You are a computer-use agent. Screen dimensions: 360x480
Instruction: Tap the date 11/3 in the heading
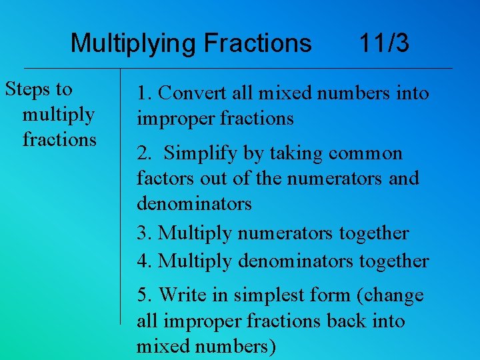point(384,44)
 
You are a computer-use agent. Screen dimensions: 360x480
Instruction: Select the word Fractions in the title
point(257,44)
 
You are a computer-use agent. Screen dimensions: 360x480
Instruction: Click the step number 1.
point(143,93)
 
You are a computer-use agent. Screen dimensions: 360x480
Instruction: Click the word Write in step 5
point(182,295)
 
